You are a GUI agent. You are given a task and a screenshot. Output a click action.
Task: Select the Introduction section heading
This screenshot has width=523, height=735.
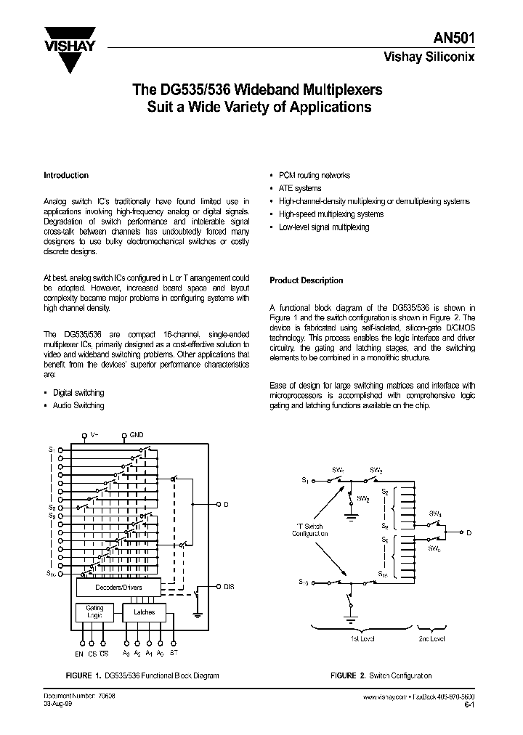point(66,175)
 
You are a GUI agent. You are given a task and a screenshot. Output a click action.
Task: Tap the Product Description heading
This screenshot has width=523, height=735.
point(306,280)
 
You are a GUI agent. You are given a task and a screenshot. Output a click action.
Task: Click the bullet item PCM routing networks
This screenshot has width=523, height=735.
point(314,175)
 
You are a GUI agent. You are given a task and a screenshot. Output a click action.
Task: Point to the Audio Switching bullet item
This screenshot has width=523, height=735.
point(78,405)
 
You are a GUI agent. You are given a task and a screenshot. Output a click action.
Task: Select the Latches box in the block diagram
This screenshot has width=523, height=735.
point(145,612)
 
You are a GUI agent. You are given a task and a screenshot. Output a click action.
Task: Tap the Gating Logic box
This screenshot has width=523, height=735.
point(94,612)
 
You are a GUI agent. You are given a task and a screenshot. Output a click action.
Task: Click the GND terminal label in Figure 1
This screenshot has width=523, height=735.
point(137,436)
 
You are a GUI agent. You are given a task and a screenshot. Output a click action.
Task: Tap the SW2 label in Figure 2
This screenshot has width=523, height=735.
point(363,499)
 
